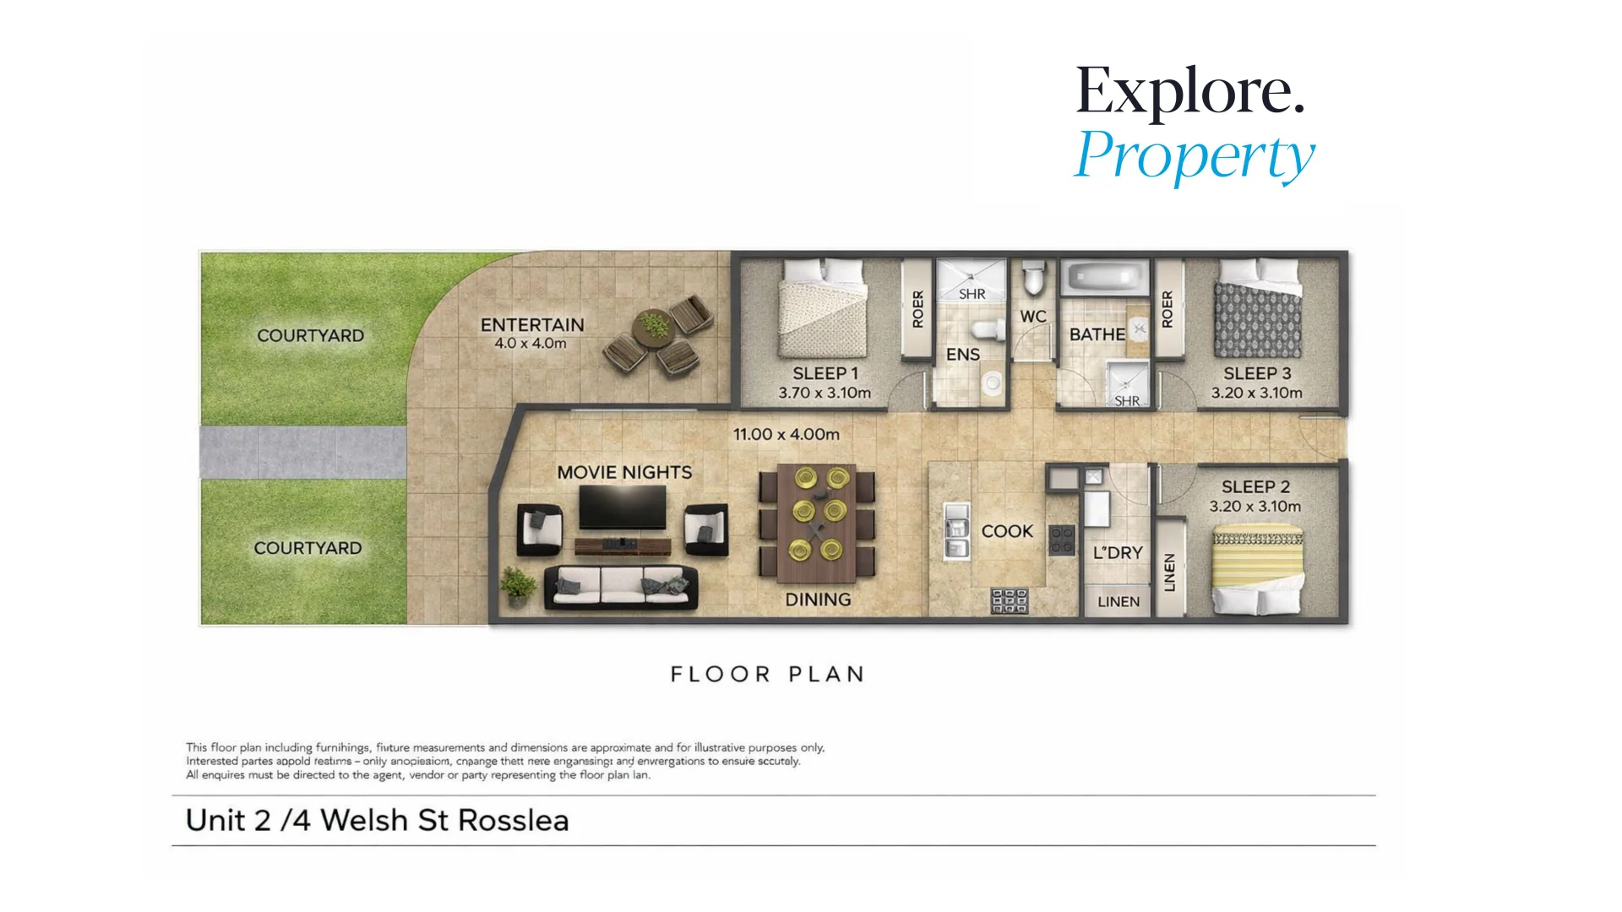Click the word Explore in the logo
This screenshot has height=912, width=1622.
click(1189, 91)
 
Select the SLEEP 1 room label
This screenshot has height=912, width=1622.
click(825, 373)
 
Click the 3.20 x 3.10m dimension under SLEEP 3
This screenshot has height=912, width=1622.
click(1256, 393)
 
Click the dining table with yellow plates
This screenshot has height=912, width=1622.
click(817, 524)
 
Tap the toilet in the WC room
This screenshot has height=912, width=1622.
click(1033, 278)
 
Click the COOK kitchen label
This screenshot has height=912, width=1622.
click(1007, 531)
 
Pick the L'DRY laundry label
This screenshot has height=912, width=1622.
click(1117, 553)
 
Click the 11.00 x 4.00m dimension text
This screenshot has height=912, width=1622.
click(786, 434)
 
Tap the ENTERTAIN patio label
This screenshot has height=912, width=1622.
click(532, 325)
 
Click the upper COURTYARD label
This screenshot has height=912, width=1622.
click(310, 335)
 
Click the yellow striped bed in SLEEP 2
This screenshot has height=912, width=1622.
click(1257, 570)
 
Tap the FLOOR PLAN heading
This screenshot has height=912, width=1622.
click(767, 674)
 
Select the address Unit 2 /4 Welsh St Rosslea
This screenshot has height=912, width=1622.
click(377, 820)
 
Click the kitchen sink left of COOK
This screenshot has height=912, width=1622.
click(955, 530)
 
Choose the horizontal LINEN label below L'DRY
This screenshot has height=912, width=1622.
click(1118, 602)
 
